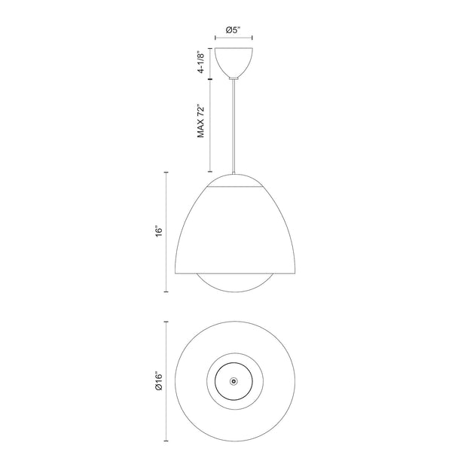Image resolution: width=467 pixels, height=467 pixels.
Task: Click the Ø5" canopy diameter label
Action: (x=233, y=31)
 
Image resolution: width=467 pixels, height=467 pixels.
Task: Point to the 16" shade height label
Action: (x=157, y=231)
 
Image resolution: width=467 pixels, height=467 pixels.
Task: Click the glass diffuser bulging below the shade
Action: (x=233, y=284)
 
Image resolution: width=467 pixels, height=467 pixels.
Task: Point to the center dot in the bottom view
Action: (x=233, y=382)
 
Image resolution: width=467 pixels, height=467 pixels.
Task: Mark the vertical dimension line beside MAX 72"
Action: (x=211, y=124)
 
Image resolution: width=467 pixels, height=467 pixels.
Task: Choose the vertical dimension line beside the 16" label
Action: (x=166, y=231)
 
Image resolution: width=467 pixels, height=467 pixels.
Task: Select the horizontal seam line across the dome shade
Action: (x=233, y=188)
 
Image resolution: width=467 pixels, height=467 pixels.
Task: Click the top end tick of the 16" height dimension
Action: (x=166, y=172)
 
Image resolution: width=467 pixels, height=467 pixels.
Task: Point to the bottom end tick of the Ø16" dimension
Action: (x=166, y=441)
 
